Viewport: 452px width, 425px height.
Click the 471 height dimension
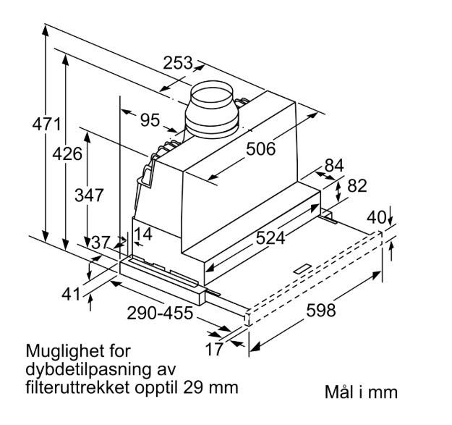(x=46, y=125)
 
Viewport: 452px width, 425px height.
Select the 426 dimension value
(x=67, y=153)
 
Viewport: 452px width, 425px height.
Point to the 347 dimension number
(x=89, y=195)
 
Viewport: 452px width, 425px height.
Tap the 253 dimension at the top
(x=178, y=63)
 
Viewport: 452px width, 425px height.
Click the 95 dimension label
(x=150, y=120)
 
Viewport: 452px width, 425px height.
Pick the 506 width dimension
(x=260, y=149)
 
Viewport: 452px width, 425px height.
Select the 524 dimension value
(x=270, y=238)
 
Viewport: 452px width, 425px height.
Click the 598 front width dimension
(x=321, y=310)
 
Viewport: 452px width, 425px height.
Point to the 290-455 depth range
(x=160, y=313)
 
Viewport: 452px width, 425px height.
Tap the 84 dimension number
(x=334, y=166)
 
